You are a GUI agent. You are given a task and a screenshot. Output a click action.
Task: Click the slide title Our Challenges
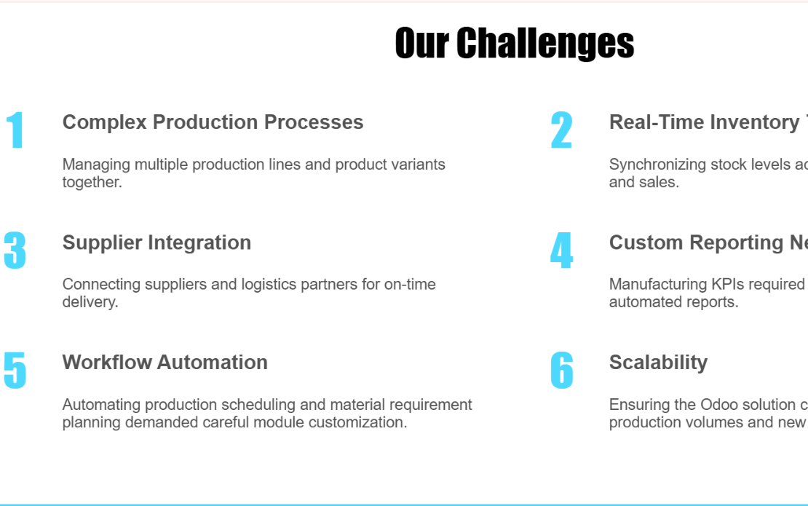click(x=514, y=43)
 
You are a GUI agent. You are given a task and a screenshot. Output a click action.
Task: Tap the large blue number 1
click(x=15, y=131)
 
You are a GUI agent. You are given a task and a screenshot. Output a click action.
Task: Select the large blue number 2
click(x=561, y=131)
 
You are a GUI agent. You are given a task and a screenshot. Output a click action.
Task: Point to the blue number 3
click(x=15, y=251)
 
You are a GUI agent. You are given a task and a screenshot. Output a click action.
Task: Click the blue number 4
click(x=561, y=251)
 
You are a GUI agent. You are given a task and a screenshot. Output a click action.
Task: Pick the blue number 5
click(x=15, y=371)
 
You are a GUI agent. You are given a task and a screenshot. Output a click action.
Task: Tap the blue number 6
click(x=561, y=371)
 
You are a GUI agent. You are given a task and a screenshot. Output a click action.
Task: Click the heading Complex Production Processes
click(x=213, y=122)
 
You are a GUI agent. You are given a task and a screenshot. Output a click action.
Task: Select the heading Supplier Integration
click(x=157, y=242)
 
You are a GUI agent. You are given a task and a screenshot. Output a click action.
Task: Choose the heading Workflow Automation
click(x=165, y=363)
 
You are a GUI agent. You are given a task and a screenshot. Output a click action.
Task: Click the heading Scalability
click(x=658, y=363)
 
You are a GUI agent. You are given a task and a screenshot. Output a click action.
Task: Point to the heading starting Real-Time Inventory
click(x=706, y=122)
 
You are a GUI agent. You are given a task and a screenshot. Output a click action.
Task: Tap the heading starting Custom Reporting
click(x=706, y=242)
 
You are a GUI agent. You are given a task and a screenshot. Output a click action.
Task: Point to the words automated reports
click(x=673, y=302)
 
